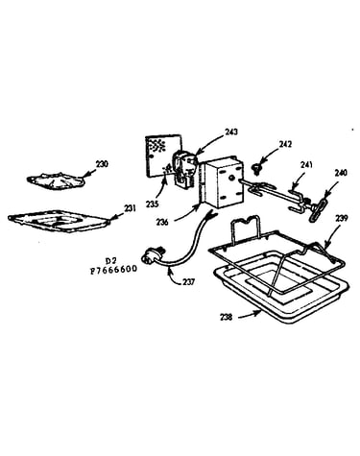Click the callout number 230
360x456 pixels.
coord(102,164)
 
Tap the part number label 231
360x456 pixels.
coord(130,208)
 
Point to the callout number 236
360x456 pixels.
coord(162,222)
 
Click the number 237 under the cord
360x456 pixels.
coord(189,282)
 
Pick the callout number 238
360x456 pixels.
coord(226,318)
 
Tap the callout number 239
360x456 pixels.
coord(341,218)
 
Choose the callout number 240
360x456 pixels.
coord(341,173)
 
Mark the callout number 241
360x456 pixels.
coord(306,165)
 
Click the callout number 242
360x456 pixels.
coord(285,144)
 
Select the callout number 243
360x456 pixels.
coord(231,132)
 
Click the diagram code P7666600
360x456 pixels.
coord(113,269)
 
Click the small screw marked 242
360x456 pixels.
coord(255,168)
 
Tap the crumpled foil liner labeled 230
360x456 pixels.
coord(56,180)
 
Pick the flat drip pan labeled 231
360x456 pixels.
coord(60,221)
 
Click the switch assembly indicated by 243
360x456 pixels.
coord(183,169)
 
